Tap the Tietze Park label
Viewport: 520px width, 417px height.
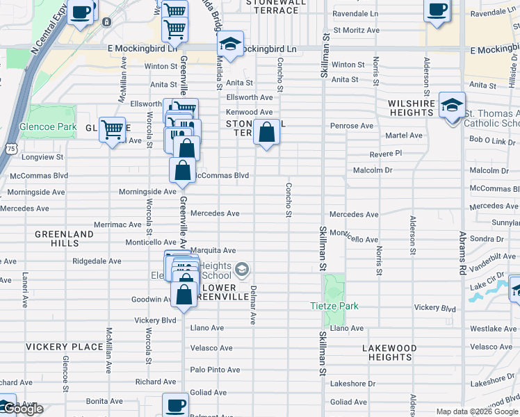pyautogui.click(x=334, y=306)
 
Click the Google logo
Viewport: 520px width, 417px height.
pyautogui.click(x=22, y=409)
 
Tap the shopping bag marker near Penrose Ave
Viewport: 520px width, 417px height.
pyautogui.click(x=266, y=132)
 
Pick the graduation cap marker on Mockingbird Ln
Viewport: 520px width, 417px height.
pyautogui.click(x=230, y=45)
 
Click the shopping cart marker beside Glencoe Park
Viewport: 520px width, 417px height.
pyautogui.click(x=113, y=129)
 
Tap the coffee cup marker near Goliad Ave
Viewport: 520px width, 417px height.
pyautogui.click(x=176, y=405)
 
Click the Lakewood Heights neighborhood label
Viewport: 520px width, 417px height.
pyautogui.click(x=390, y=352)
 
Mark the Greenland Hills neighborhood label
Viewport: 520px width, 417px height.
pyautogui.click(x=64, y=239)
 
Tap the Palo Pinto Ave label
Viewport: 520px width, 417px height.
pyautogui.click(x=215, y=370)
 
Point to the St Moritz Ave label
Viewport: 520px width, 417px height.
pyautogui.click(x=356, y=31)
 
